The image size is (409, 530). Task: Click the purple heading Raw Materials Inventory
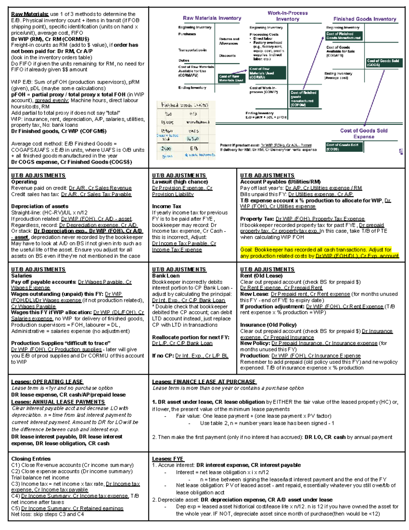[212, 18]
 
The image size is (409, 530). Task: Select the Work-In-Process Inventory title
[287, 16]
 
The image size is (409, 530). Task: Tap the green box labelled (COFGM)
[304, 99]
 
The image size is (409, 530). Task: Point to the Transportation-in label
[192, 50]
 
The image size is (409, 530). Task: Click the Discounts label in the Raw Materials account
[227, 56]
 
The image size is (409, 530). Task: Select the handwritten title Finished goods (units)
[184, 105]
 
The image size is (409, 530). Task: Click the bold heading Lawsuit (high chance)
[180, 182]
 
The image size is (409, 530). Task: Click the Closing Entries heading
[31, 459]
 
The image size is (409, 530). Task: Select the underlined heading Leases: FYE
[168, 459]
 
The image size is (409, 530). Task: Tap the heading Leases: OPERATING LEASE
[47, 382]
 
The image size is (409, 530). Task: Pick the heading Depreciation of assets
[40, 206]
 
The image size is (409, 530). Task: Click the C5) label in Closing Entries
[16, 508]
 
